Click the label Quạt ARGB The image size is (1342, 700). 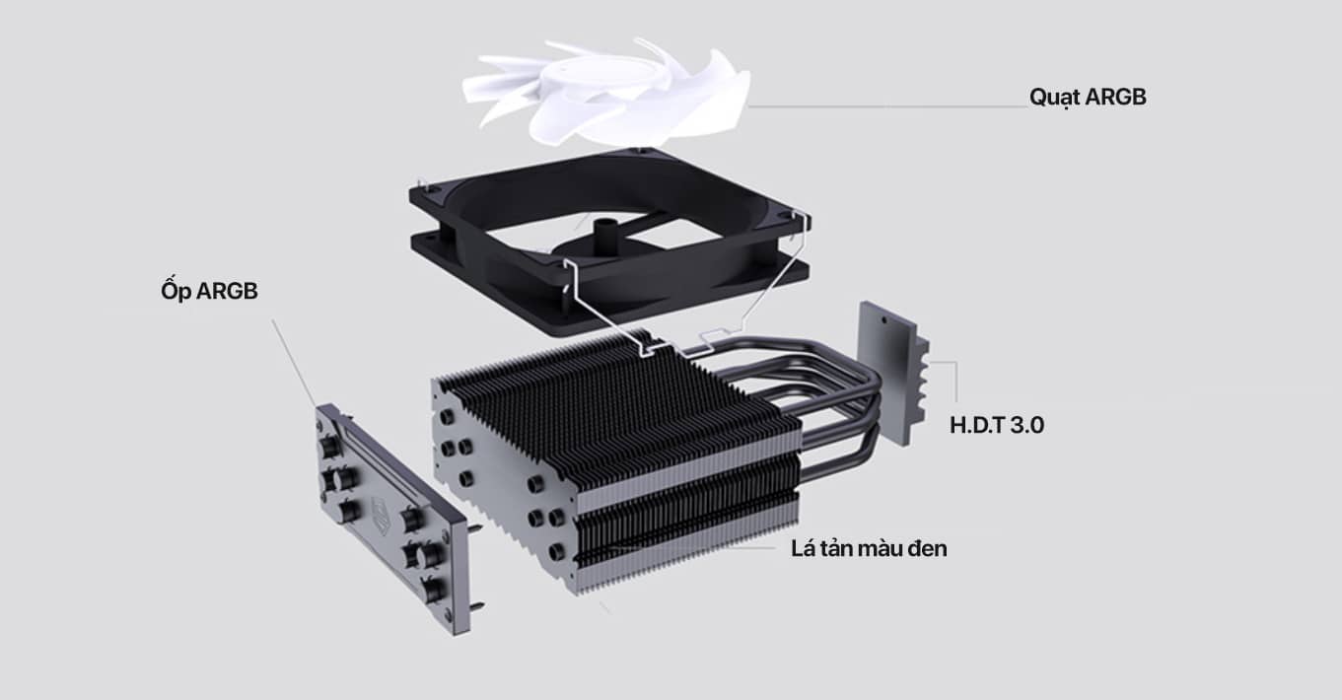pos(1088,98)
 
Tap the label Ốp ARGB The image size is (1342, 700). pos(208,292)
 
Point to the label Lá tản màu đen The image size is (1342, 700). pos(868,548)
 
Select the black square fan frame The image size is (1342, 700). pos(463,237)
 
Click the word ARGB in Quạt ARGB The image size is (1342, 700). pos(1114,98)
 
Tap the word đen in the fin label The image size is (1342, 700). pos(927,548)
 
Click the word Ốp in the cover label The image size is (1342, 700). pos(176,292)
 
